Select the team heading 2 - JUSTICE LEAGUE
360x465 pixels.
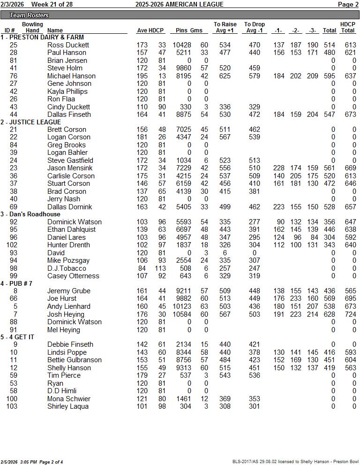[x=30, y=122]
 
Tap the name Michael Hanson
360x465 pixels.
[x=71, y=76]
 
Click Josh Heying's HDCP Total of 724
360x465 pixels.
[x=348, y=314]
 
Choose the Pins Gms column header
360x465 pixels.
[x=189, y=30]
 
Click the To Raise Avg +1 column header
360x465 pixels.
[x=225, y=28]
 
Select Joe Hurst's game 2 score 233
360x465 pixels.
[x=295, y=299]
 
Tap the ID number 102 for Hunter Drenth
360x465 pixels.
[x=12, y=245]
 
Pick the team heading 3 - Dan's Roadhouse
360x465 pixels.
[x=30, y=214]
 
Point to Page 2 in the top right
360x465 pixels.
[x=348, y=5]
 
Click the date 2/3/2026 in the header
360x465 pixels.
[x=12, y=5]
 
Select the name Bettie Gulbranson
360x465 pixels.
[x=75, y=360]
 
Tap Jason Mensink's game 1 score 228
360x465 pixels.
[x=279, y=168]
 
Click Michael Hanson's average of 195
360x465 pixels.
[x=142, y=76]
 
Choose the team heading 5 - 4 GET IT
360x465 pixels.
[x=17, y=337]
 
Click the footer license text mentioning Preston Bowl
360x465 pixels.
[x=295, y=462]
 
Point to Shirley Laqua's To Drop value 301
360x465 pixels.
[x=254, y=406]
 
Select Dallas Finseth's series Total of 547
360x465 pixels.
[x=330, y=114]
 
